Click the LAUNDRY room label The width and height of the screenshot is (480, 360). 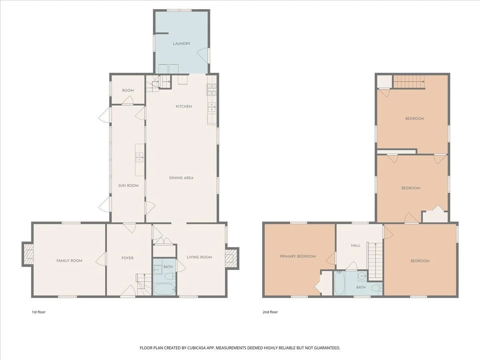182,44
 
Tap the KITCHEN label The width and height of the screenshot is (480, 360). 184,106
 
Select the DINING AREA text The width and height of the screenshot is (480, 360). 181,178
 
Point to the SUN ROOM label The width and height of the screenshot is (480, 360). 128,186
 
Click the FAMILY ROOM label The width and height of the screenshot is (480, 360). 69,260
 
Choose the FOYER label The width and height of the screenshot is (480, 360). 128,258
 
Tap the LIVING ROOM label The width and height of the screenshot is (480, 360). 199,257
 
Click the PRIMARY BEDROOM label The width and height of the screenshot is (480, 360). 298,256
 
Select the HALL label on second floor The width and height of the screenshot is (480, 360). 356,246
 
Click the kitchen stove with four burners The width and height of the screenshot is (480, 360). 212,90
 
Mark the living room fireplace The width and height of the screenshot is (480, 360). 231,258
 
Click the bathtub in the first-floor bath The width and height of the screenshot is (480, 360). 164,289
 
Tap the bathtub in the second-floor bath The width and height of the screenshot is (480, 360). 340,283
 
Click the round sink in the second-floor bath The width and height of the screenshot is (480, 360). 362,276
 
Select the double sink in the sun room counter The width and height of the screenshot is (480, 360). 140,157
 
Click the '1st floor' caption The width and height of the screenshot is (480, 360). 39,312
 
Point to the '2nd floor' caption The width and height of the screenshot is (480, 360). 270,312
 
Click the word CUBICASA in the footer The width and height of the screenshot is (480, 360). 196,348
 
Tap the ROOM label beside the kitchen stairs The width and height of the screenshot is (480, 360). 128,90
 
